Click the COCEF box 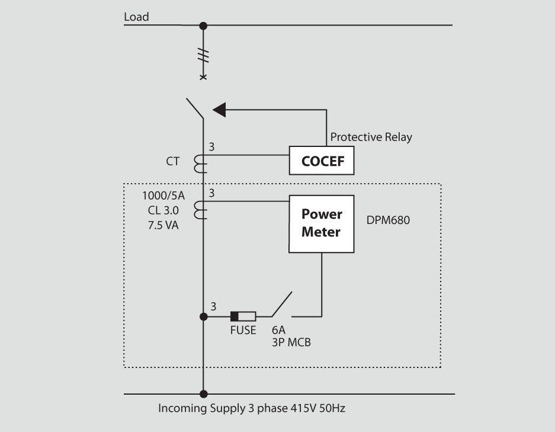click(x=322, y=161)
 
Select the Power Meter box click(x=322, y=223)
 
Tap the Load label click(x=136, y=17)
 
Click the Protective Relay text click(x=371, y=137)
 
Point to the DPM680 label click(x=389, y=220)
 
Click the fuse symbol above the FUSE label click(x=243, y=316)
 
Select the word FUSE click(x=243, y=331)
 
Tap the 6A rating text click(x=278, y=331)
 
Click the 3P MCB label click(x=291, y=343)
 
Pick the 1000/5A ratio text click(x=163, y=196)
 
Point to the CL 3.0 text click(x=163, y=210)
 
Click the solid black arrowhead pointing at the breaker click(x=220, y=109)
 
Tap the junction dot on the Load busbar click(x=203, y=25)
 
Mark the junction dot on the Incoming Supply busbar click(x=203, y=393)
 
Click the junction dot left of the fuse click(x=203, y=316)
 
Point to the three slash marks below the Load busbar click(x=203, y=56)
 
